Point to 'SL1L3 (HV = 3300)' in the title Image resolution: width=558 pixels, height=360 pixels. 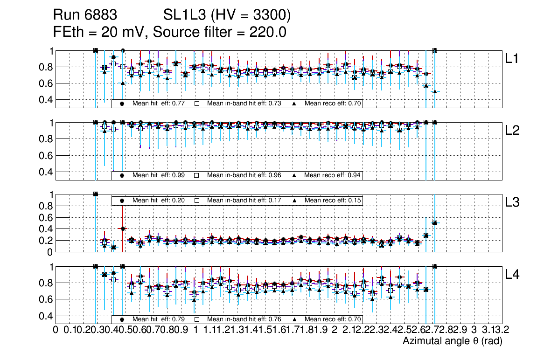coord(227,16)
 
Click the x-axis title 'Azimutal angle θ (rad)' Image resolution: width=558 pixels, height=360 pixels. coord(452,341)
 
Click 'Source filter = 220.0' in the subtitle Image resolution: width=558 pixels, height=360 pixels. coord(219,33)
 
